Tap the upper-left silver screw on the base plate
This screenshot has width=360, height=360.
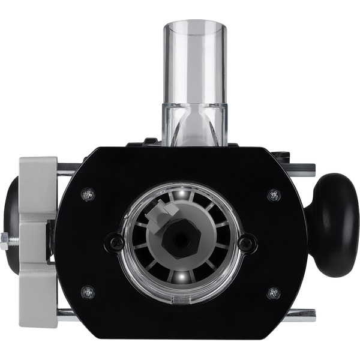pyautogui.click(x=88, y=194)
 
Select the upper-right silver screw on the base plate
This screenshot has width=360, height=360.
pyautogui.click(x=274, y=194)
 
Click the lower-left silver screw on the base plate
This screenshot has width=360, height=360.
pyautogui.click(x=88, y=292)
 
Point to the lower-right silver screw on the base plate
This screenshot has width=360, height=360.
pyautogui.click(x=274, y=293)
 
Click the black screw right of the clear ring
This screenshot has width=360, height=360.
pyautogui.click(x=246, y=243)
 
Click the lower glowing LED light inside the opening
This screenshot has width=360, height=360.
pyautogui.click(x=180, y=277)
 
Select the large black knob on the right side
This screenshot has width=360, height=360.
pyautogui.click(x=334, y=225)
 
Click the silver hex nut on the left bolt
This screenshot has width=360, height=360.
pyautogui.click(x=5, y=242)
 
